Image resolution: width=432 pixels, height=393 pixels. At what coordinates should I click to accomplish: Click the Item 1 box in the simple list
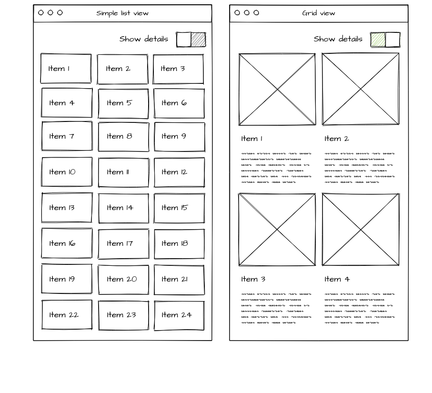tap(66, 69)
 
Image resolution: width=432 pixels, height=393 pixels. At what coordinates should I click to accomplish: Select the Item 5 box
tap(123, 103)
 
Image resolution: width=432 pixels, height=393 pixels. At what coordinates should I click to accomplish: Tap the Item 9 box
tap(179, 137)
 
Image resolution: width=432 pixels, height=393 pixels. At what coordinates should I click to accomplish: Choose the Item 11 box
tap(123, 172)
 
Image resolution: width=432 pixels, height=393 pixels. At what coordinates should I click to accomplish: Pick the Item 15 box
tap(179, 208)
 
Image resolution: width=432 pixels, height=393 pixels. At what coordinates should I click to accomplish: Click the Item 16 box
tap(67, 243)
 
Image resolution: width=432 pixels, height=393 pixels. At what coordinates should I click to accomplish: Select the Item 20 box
tap(123, 280)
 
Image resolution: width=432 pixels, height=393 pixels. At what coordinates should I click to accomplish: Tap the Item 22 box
tap(67, 315)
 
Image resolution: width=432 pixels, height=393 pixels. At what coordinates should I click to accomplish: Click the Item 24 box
tap(179, 315)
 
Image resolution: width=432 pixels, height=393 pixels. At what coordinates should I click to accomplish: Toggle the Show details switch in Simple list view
tap(191, 40)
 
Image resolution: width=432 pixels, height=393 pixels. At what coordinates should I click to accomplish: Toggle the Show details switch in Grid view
tap(385, 40)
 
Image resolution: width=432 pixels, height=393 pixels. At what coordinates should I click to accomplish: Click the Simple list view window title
tap(122, 13)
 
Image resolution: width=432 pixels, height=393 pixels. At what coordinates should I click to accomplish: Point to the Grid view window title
tap(319, 13)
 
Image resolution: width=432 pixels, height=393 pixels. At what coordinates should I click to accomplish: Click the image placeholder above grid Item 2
tap(361, 89)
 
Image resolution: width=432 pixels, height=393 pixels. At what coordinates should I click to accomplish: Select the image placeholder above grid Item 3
tap(277, 230)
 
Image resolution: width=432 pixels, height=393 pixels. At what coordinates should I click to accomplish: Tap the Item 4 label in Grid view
tap(337, 279)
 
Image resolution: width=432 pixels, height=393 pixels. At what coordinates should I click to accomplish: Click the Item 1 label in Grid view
tap(252, 139)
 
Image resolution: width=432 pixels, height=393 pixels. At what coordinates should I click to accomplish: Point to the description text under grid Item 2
tap(360, 167)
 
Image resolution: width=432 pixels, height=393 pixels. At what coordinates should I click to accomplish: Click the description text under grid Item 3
tap(276, 308)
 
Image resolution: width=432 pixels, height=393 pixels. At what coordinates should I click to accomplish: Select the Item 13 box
tap(67, 208)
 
